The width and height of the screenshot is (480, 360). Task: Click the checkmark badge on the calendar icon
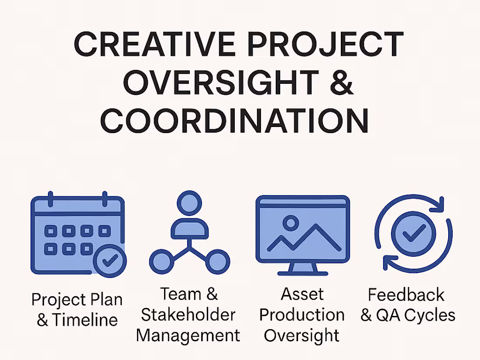point(110,261)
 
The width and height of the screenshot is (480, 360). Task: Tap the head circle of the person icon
point(189,203)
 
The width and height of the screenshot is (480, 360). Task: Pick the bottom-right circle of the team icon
point(217,262)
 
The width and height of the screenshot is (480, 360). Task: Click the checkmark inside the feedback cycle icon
point(413,234)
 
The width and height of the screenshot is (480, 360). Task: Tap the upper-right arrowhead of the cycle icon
point(438,204)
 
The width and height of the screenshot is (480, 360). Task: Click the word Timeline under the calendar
point(85,320)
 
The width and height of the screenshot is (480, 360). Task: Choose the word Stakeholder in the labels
point(188,315)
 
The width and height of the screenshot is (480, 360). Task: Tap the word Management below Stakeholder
point(188,335)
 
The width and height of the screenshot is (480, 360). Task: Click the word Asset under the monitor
point(302,295)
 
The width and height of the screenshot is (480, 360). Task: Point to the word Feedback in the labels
point(406,295)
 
